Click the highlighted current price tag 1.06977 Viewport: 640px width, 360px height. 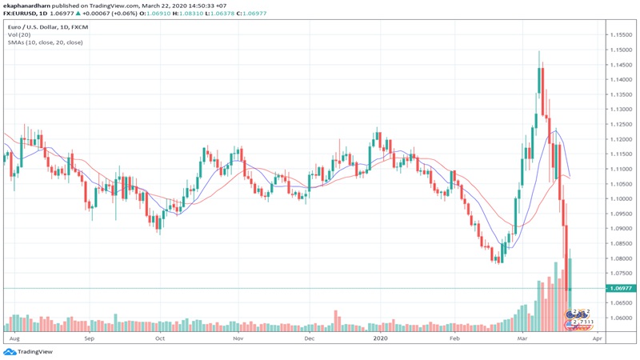tap(622, 288)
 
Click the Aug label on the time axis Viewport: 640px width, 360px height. tap(12, 338)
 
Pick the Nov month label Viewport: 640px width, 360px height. tap(238, 338)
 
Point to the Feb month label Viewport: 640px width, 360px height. tap(455, 338)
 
